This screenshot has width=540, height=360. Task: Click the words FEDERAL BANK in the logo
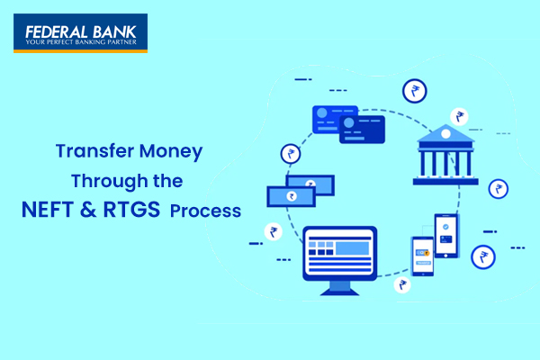(x=81, y=32)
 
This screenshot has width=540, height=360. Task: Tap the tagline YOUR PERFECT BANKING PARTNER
(x=81, y=42)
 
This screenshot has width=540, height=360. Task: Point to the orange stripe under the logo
(x=81, y=51)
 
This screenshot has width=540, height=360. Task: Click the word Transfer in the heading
(x=94, y=151)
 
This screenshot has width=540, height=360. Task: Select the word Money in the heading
(x=171, y=152)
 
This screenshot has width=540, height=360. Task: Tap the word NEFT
(x=48, y=210)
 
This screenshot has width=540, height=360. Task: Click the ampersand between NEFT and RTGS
(x=88, y=210)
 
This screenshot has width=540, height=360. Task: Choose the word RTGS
(x=131, y=210)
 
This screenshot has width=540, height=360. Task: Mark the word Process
(x=205, y=211)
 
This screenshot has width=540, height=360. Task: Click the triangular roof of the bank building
(x=445, y=133)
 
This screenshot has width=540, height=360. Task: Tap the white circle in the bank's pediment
(x=445, y=134)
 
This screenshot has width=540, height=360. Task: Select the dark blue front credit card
(x=362, y=130)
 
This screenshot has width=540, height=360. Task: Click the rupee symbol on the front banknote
(x=292, y=196)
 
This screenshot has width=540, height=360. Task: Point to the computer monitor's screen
(x=339, y=253)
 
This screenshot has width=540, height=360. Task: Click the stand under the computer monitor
(x=339, y=288)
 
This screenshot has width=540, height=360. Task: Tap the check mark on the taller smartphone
(x=445, y=227)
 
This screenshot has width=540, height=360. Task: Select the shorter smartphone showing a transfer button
(x=423, y=256)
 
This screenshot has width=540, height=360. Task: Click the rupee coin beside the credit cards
(x=291, y=154)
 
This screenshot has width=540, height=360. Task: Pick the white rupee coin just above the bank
(x=459, y=116)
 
